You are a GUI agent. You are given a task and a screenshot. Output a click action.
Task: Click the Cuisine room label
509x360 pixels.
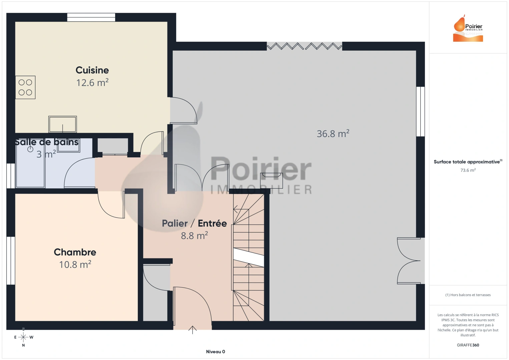point(92,70)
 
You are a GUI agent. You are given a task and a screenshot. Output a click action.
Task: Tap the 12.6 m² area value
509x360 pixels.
point(92,82)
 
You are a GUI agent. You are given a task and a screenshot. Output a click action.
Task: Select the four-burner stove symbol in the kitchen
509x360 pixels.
point(25,87)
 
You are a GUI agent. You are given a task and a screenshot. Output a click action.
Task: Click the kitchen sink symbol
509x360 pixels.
point(63,124)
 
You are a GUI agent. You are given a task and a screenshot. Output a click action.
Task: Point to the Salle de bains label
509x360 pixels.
point(47,142)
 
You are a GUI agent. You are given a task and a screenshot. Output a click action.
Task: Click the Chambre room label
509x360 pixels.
point(75,252)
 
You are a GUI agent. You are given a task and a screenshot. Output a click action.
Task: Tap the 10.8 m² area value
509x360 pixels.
point(75,265)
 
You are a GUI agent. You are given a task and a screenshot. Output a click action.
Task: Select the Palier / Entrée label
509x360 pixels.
point(194,223)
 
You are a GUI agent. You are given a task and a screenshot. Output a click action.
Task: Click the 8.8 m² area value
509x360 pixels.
point(194,236)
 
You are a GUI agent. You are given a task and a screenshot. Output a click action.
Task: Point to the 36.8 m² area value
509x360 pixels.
point(333,134)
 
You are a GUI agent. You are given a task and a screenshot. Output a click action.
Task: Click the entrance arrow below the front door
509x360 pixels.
point(192,330)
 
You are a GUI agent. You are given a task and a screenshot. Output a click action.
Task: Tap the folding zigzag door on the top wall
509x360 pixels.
point(304,46)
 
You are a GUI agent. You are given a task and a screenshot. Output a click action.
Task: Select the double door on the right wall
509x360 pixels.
point(409,261)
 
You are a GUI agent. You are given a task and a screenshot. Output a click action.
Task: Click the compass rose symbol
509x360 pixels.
point(23,337)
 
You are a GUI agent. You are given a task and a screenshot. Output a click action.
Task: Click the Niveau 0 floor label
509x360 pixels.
point(215,352)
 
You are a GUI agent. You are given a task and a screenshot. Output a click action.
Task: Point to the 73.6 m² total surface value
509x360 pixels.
point(468,170)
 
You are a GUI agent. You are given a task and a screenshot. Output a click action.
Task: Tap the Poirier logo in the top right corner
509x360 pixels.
point(468,29)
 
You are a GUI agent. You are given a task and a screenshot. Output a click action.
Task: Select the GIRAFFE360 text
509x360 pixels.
point(468,345)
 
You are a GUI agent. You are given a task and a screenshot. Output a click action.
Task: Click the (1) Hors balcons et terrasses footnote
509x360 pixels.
point(468,295)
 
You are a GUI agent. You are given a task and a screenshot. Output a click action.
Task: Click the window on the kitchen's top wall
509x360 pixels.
point(91,17)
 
